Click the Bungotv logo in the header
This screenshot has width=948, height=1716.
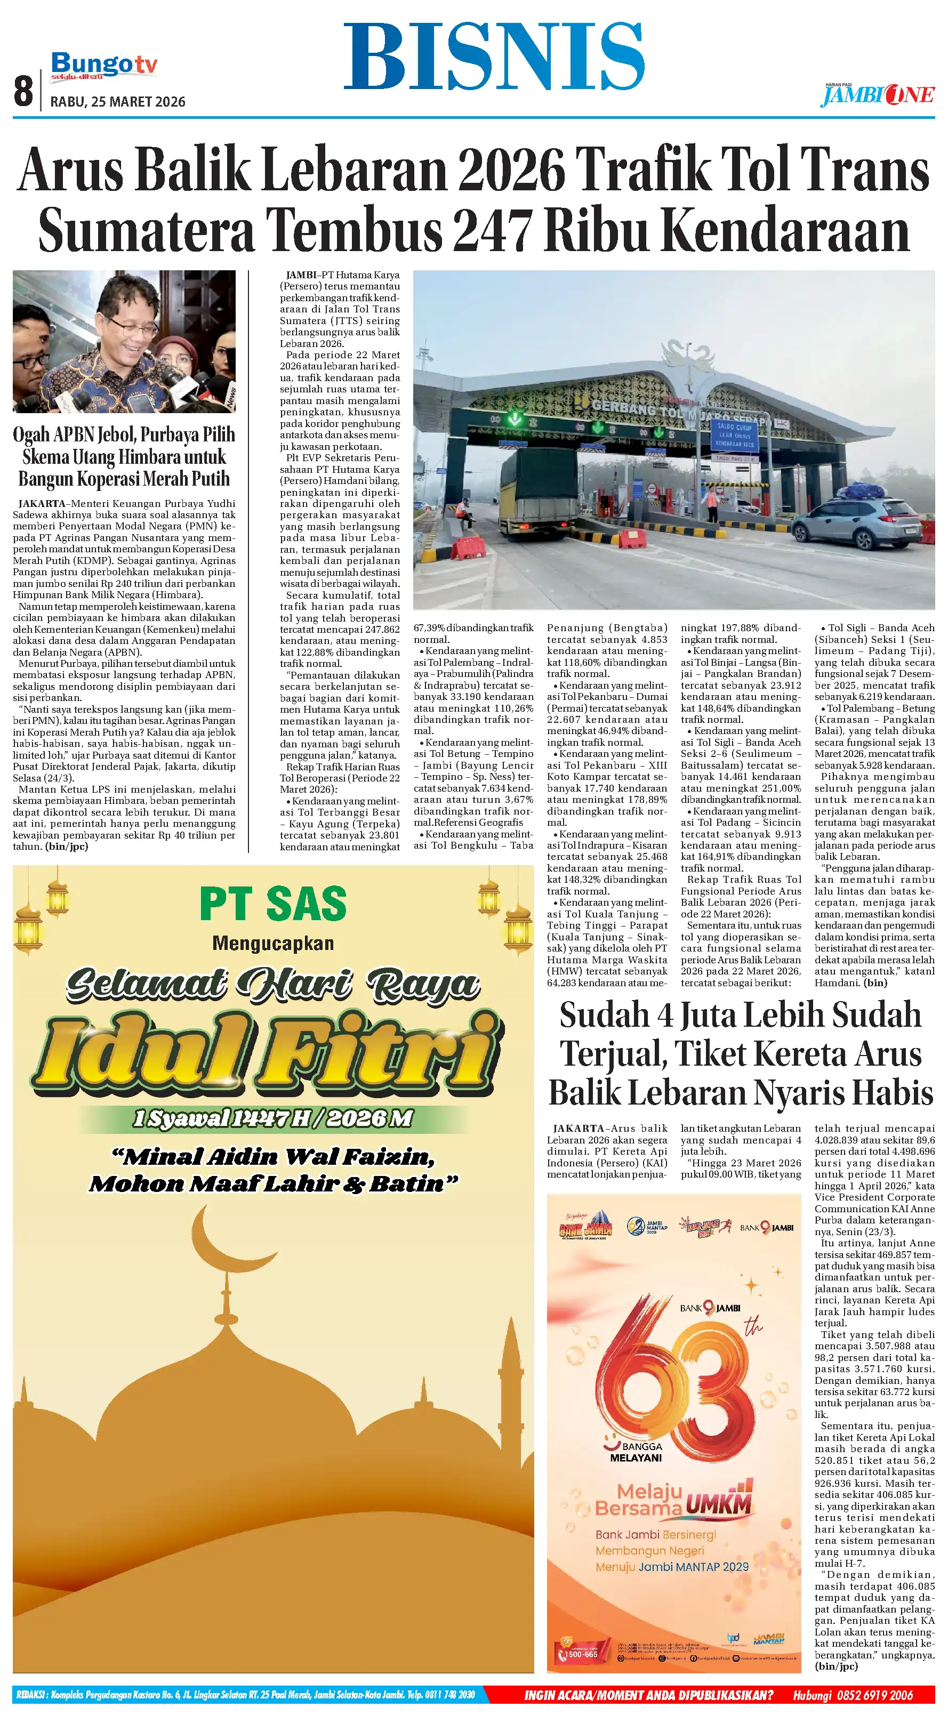click(104, 65)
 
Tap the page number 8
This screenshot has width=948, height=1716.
click(23, 91)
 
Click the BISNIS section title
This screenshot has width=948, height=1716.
click(494, 57)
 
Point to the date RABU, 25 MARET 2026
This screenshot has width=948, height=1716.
click(118, 102)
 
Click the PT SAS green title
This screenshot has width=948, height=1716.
click(273, 904)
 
